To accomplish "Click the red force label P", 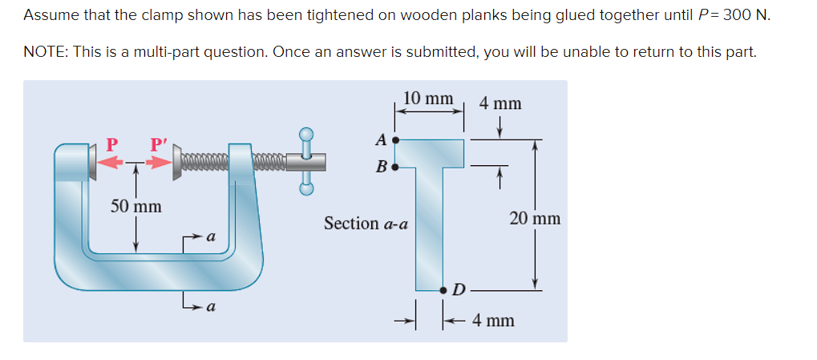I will click(112, 144).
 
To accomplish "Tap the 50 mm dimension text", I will click(135, 206).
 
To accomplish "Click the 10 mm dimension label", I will click(428, 99).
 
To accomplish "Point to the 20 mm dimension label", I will click(535, 218).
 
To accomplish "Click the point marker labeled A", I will click(394, 140).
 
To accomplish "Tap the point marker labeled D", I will click(443, 289).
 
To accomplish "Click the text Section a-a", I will click(366, 224).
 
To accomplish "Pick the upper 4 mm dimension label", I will click(500, 103).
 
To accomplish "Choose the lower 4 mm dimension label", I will click(493, 321).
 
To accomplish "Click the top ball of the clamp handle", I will click(305, 134).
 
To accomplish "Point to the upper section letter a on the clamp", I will click(209, 237).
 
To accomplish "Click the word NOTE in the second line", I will click(45, 52).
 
